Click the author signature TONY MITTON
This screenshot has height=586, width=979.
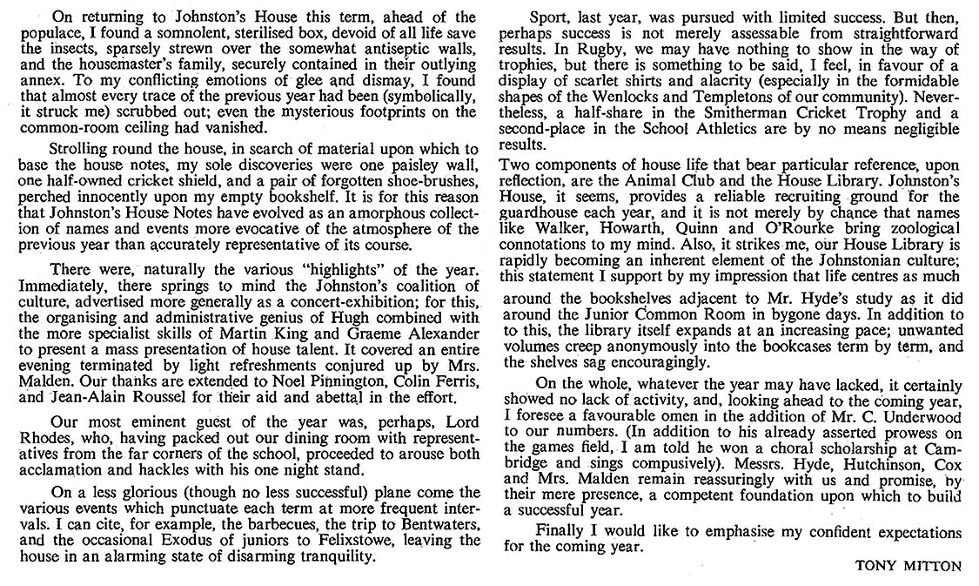click(909, 565)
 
